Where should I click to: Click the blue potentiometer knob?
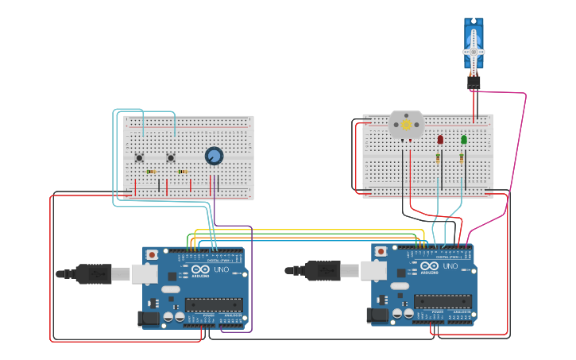214,156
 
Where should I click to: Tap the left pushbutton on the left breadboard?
139,157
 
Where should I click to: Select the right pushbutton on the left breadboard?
171,157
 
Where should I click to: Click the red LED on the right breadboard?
440,140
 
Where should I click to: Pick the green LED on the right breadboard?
464,140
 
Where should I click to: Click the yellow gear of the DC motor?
406,125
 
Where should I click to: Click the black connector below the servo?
474,81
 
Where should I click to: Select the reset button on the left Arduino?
152,254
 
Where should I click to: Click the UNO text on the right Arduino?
450,265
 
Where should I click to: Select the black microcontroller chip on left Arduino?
214,304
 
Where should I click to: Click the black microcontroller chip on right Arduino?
443,301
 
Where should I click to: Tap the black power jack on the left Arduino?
148,319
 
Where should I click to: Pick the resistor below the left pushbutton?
150,171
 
